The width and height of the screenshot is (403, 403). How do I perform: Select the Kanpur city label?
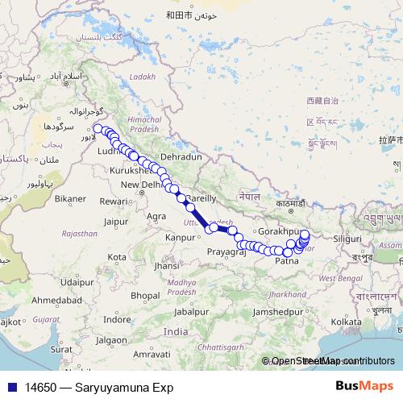[x=181, y=238]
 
